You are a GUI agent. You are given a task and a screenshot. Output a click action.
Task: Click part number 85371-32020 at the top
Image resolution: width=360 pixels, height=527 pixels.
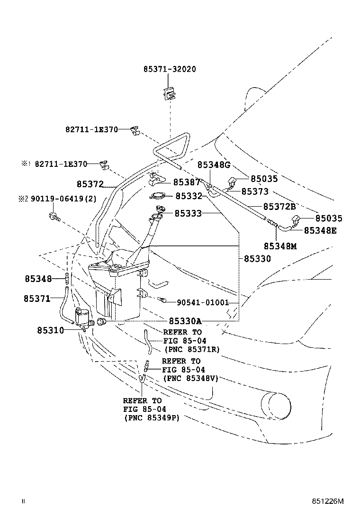coord(170,69)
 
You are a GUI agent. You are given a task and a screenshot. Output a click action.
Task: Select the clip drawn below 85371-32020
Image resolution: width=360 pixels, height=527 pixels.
coord(170,94)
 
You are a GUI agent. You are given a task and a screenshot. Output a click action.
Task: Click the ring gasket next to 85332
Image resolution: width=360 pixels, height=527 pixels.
coord(158,196)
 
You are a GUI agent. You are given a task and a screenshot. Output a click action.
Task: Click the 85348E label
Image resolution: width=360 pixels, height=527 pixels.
coord(320,230)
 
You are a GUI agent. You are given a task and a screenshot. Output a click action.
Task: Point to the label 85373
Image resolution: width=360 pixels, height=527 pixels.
coord(255,191)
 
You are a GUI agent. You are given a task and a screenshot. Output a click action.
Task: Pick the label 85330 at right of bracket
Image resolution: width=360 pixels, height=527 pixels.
coord(257,259)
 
